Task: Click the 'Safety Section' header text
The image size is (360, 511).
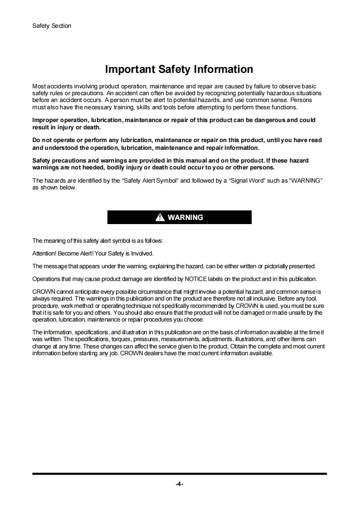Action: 51,26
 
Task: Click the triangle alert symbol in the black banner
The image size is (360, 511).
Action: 160,218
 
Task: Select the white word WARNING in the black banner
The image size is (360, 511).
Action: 185,218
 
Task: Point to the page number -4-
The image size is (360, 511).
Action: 179,484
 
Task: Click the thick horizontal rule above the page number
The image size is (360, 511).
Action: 179,474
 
